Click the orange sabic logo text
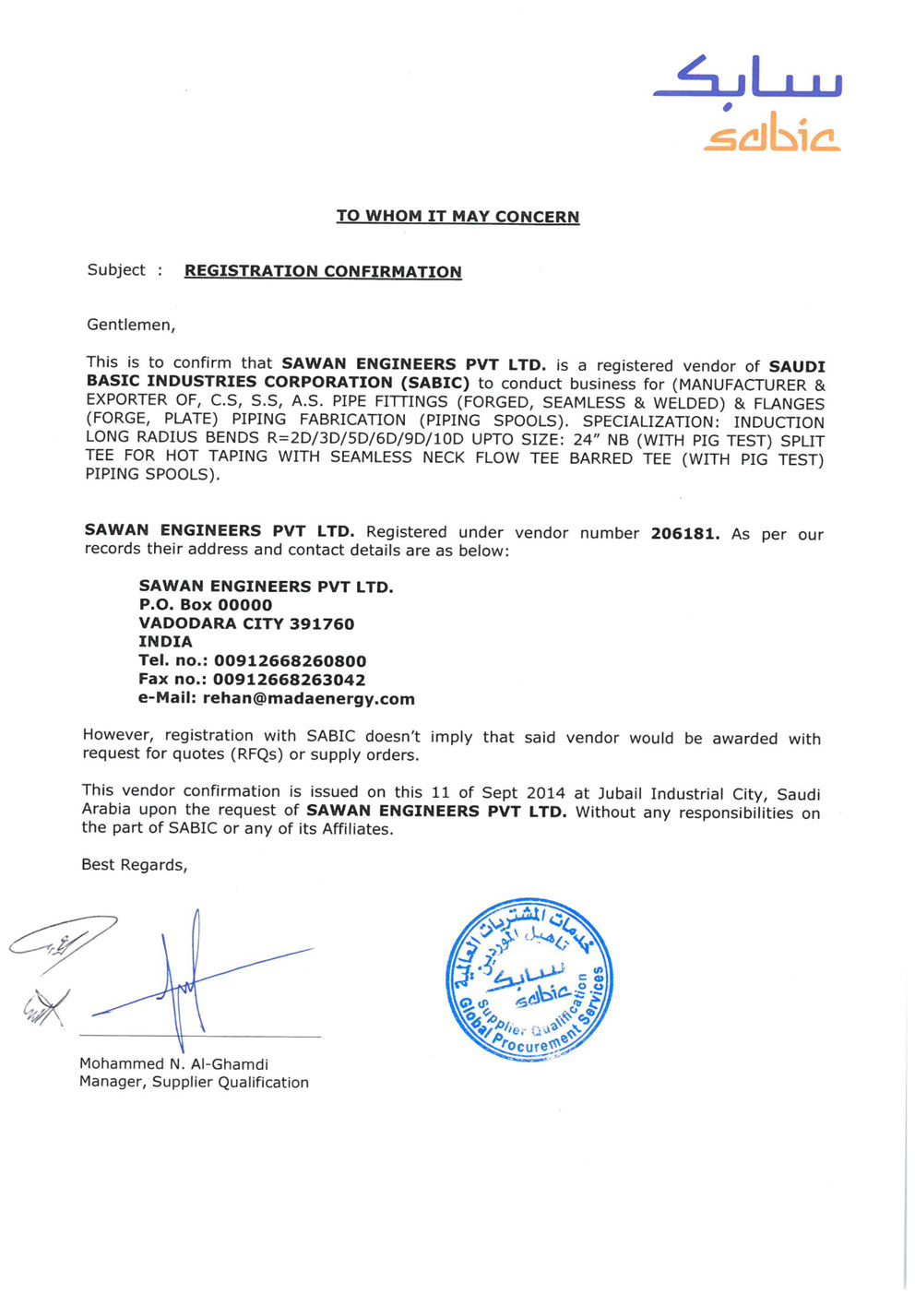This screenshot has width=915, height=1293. tap(772, 136)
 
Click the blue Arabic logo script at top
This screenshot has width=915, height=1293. tap(747, 78)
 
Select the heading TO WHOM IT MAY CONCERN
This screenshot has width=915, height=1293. tap(457, 217)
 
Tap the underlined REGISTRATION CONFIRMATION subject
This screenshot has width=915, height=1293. tap(323, 271)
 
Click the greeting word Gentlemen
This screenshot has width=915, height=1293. tap(130, 325)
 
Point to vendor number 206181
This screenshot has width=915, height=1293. tap(684, 533)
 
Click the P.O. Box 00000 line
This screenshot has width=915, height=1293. tap(206, 605)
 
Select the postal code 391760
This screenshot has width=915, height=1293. tap(322, 623)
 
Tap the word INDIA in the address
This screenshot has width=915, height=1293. tap(166, 642)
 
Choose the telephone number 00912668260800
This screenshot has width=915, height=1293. tap(290, 661)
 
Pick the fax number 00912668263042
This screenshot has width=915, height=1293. tap(289, 680)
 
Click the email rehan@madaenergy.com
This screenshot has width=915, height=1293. tap(308, 698)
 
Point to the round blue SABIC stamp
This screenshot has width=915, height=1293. tap(529, 979)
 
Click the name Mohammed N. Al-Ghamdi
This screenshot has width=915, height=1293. tap(173, 1063)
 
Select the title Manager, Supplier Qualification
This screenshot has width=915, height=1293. tap(194, 1082)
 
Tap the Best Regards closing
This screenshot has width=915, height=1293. tap(134, 864)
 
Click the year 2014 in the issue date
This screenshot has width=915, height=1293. tap(545, 793)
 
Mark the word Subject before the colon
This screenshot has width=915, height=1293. tap(116, 269)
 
